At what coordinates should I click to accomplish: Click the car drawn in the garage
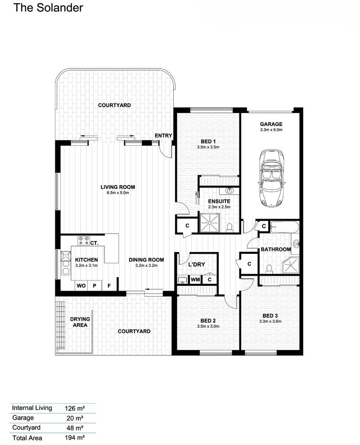coord(271,178)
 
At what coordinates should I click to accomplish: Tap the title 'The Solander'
coord(48,8)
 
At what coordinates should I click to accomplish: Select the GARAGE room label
coord(271,124)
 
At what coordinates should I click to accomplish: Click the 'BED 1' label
coord(208,141)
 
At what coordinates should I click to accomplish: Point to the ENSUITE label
coord(219,201)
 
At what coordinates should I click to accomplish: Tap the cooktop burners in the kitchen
coord(84,240)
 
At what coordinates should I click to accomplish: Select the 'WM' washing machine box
coord(195,279)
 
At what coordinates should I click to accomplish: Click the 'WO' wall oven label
coord(81,286)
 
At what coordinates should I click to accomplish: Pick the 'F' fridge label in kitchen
coord(109,286)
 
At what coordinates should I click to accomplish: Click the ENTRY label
coord(163,135)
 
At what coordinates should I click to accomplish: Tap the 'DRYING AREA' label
coord(80,322)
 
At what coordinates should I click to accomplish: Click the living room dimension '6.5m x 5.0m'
coord(117,193)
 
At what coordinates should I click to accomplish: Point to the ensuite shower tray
coord(209,223)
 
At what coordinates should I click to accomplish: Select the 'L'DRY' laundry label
coord(197,264)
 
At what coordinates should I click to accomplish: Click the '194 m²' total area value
coord(75,438)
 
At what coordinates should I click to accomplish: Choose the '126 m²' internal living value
coord(75,408)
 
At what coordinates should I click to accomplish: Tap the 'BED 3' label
coord(270,315)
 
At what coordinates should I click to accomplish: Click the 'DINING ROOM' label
coord(146,260)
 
